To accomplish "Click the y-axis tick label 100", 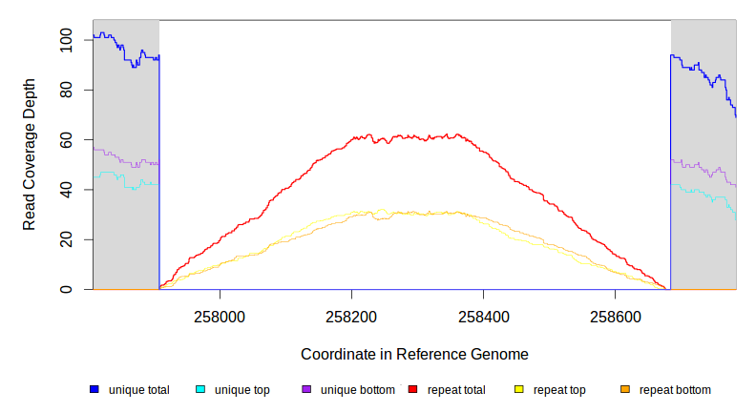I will tap(66, 40).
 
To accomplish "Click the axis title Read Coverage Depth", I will tap(31, 154).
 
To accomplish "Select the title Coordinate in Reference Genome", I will tap(414, 354).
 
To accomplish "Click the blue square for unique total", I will tap(94, 389).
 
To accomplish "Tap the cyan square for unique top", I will tap(200, 389).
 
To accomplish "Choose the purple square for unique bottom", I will tap(306, 389).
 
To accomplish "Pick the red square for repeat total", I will tap(412, 389).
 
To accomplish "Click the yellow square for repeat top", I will tap(519, 389).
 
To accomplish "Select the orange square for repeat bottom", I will tap(625, 389).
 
